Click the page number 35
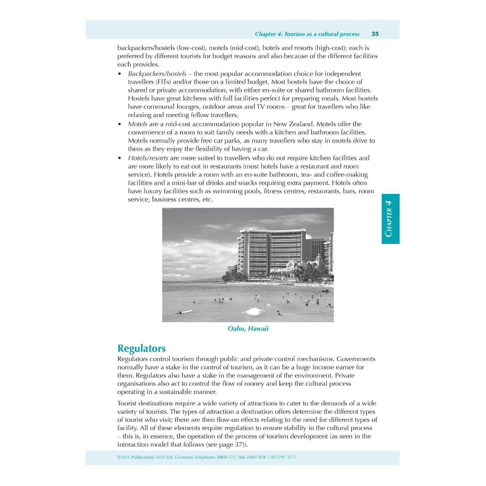375,34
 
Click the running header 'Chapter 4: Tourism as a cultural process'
307,34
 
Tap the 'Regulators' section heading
141,348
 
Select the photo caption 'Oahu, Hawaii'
248,328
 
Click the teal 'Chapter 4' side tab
390,219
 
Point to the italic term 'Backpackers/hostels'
157,74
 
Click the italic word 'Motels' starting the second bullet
137,124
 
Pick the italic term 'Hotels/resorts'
148,158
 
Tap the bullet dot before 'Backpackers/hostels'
120,74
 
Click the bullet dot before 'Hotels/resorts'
120,158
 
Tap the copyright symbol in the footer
119,457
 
